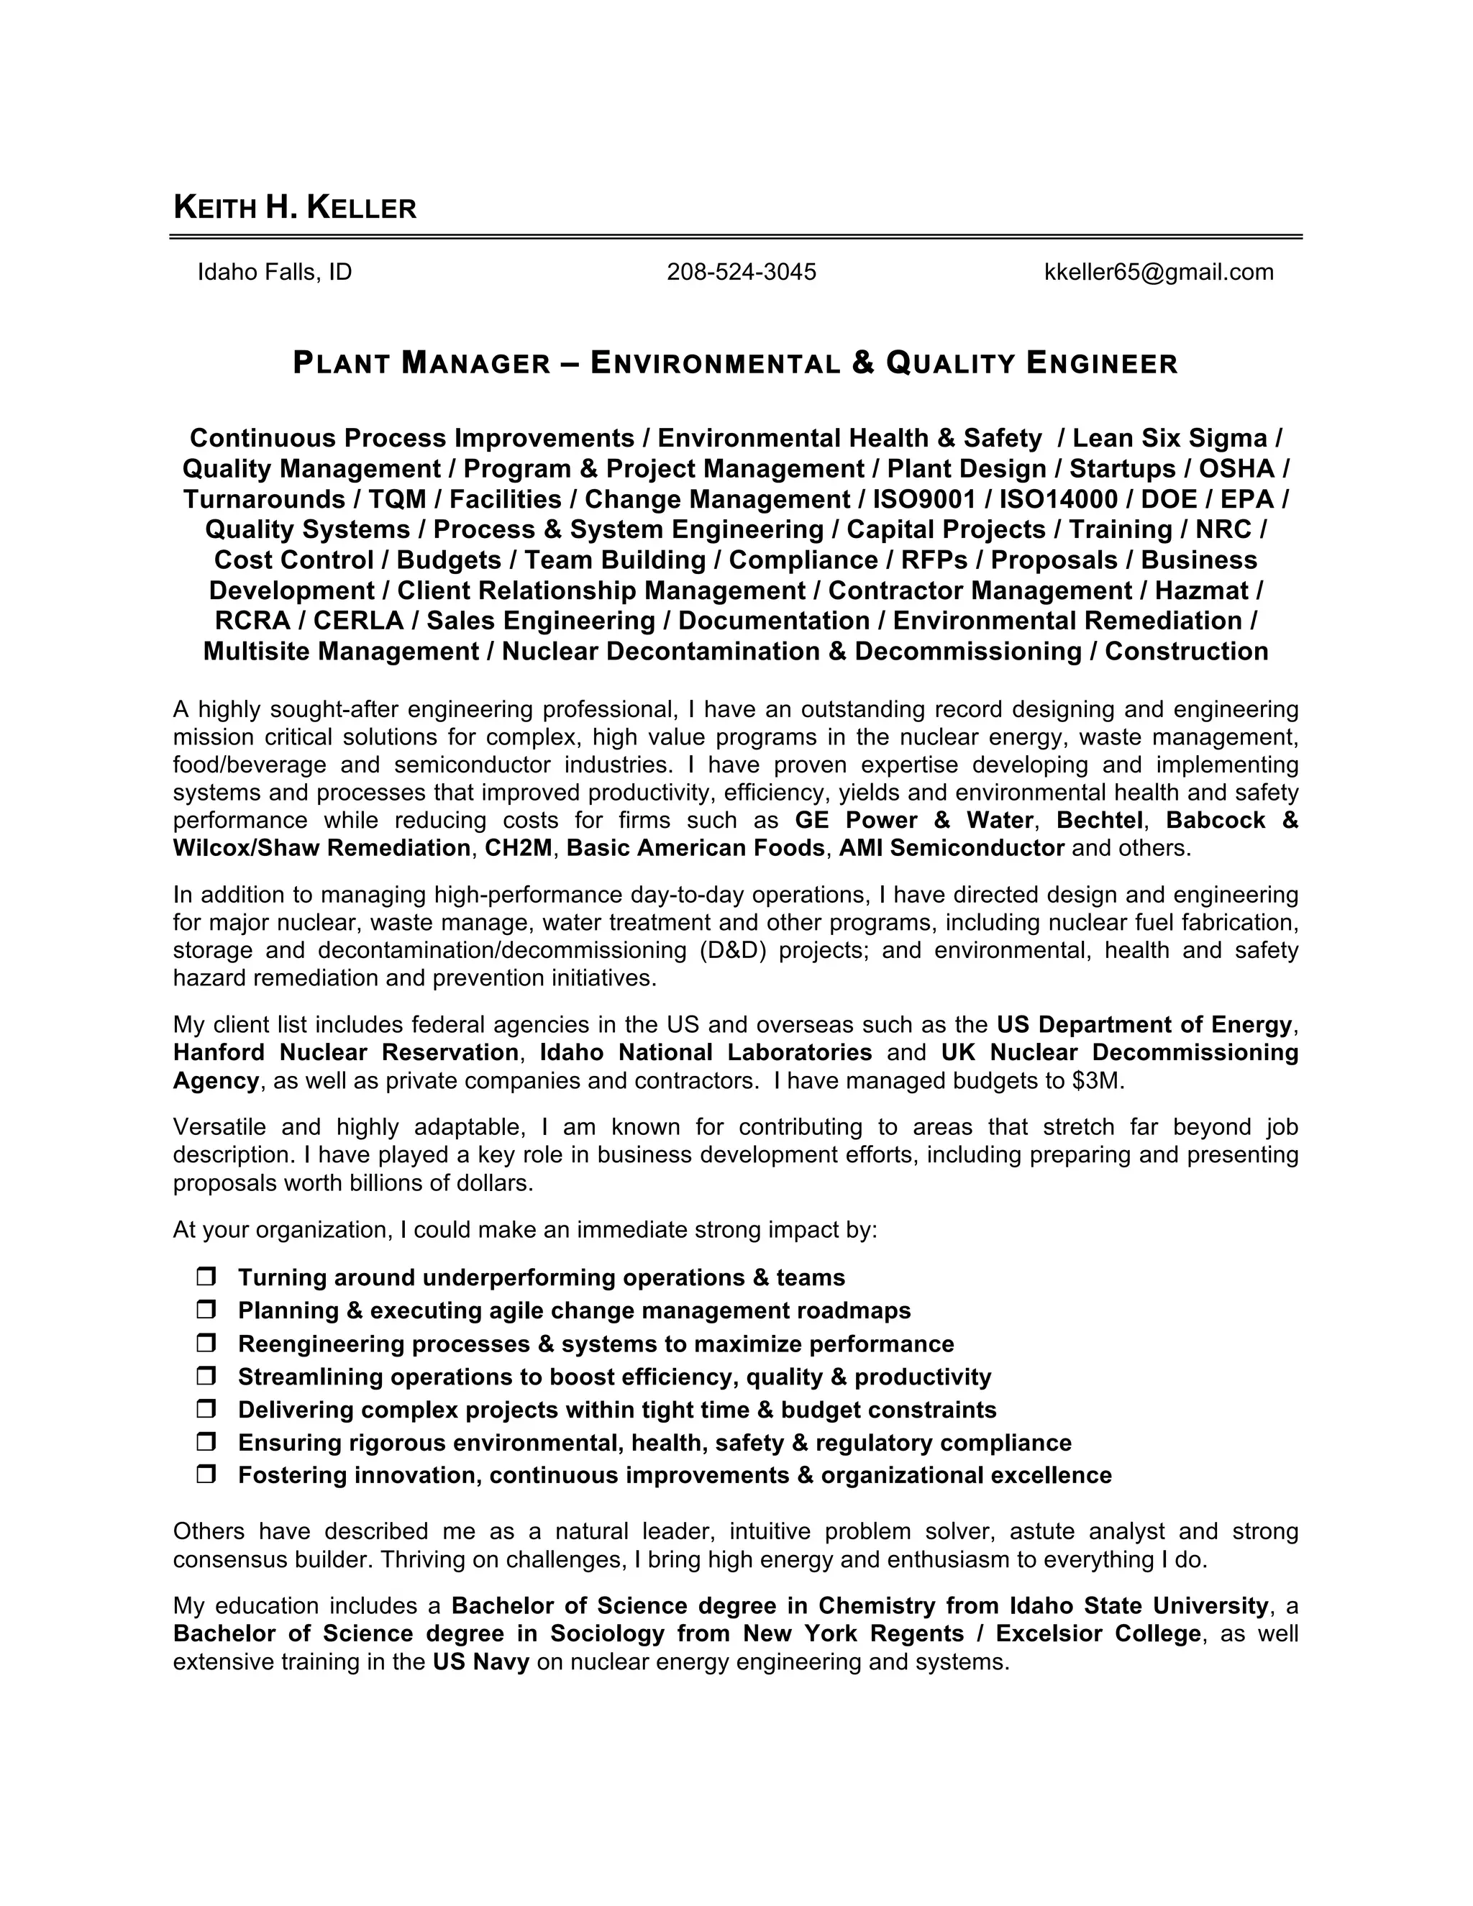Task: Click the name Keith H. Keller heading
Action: click(295, 208)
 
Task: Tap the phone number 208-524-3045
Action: click(741, 273)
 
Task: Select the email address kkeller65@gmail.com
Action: click(1158, 273)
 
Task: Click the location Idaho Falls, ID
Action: click(275, 273)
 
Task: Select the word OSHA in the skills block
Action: click(1236, 469)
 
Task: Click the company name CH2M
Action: click(519, 848)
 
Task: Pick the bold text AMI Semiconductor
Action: click(951, 848)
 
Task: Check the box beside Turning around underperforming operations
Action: click(206, 1277)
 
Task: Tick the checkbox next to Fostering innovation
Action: click(206, 1476)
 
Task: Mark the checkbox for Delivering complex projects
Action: click(206, 1410)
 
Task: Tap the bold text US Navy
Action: click(481, 1662)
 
